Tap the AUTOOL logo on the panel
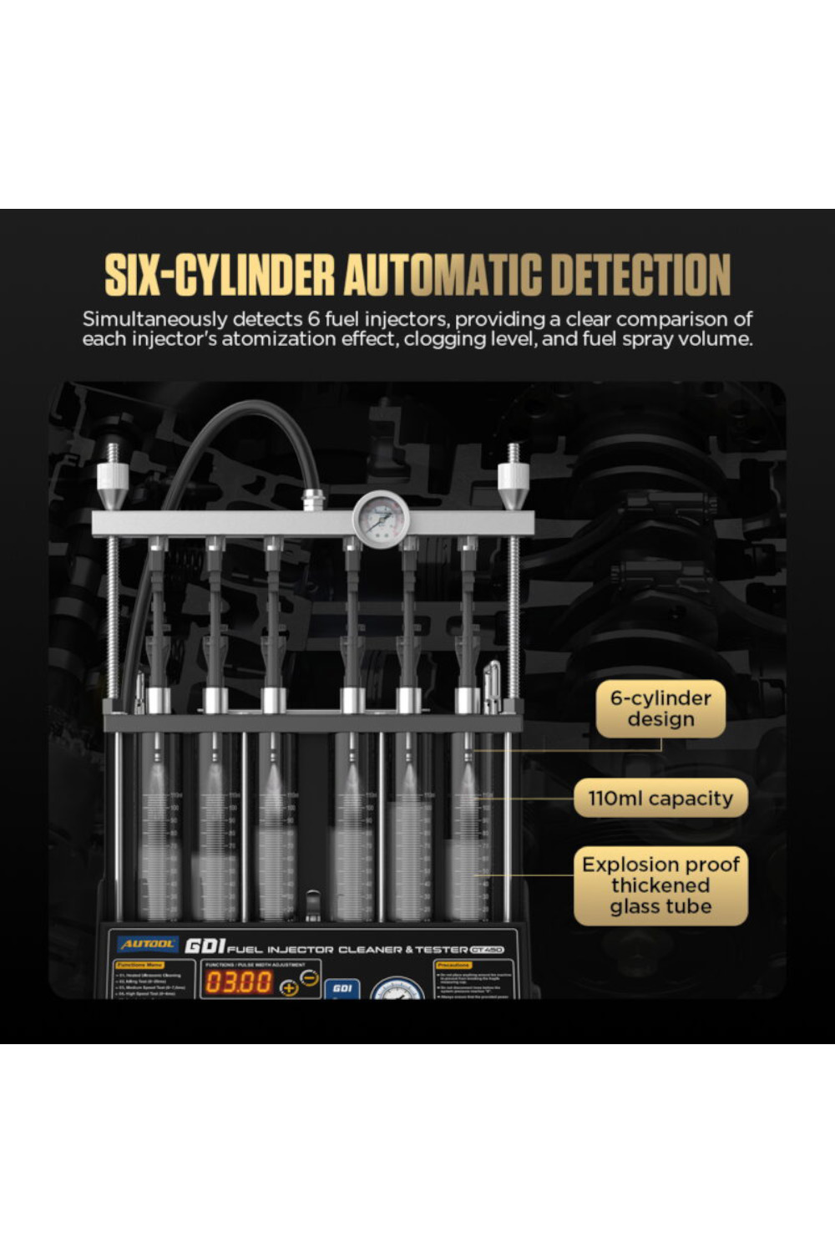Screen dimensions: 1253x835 (x=147, y=944)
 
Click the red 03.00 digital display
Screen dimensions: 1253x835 (x=239, y=982)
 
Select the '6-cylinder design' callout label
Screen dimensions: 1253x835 (x=660, y=708)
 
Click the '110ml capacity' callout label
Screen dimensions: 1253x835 (x=660, y=799)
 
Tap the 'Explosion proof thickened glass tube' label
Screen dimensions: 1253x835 (x=660, y=885)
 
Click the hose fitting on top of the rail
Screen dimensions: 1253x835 (x=314, y=500)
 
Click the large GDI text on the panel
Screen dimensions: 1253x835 (x=205, y=946)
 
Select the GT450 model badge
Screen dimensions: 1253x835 (x=487, y=950)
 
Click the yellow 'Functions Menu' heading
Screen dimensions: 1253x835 (x=139, y=965)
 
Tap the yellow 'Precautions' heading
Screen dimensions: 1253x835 (x=453, y=965)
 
